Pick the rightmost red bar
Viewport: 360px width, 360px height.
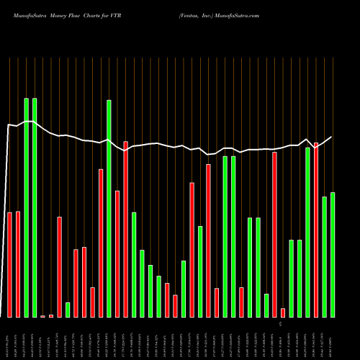pos(316,230)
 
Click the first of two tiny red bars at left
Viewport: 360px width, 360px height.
pos(43,316)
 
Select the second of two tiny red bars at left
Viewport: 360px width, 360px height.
pos(51,315)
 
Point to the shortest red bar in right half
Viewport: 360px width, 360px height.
pos(283,312)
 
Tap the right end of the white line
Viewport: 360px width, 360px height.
pos(332,137)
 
